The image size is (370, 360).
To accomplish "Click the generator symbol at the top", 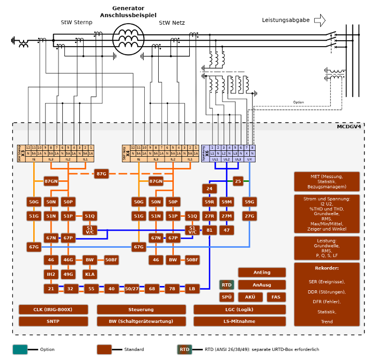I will (x=128, y=39).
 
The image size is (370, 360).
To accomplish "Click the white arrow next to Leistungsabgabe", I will (x=320, y=20).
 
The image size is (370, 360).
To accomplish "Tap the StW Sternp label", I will (x=76, y=23).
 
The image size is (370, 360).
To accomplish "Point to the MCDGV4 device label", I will (x=349, y=127).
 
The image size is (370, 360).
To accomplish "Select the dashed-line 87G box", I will (x=101, y=174).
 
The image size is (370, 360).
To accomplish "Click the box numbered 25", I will (x=238, y=181).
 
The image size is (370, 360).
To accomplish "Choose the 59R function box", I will (x=210, y=202).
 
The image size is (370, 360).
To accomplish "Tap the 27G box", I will (x=249, y=216).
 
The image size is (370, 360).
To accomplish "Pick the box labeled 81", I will (x=210, y=230).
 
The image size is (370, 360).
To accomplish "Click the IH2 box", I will (x=51, y=274).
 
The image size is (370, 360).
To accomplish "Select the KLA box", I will (x=90, y=274).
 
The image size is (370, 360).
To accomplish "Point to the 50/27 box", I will (x=132, y=289).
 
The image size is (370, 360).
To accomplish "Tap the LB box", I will (x=192, y=289).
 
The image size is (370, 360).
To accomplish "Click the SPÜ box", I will (x=226, y=297).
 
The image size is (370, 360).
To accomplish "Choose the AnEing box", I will (x=262, y=273).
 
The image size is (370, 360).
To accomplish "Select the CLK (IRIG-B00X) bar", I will (x=53, y=310).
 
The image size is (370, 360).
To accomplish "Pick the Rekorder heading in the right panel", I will (x=327, y=268).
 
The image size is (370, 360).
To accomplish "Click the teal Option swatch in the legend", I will (x=20, y=349).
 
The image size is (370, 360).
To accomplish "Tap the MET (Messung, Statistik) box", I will (x=327, y=182).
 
